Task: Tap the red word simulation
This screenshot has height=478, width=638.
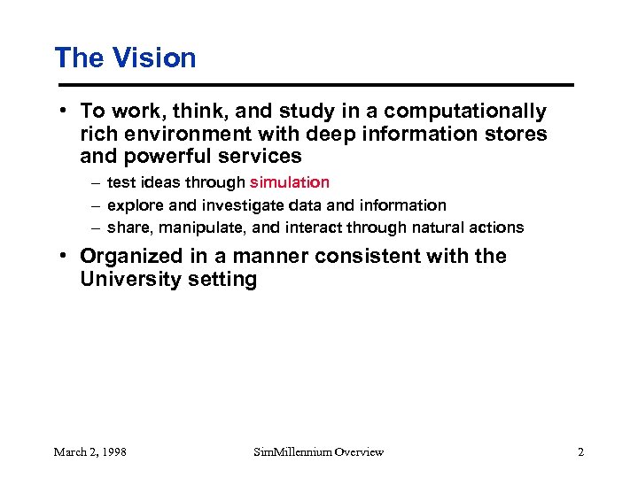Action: (289, 182)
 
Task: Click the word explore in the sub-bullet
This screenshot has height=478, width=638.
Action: (136, 205)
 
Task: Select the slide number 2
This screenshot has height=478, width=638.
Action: (580, 452)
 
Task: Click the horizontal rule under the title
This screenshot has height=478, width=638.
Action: (314, 85)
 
